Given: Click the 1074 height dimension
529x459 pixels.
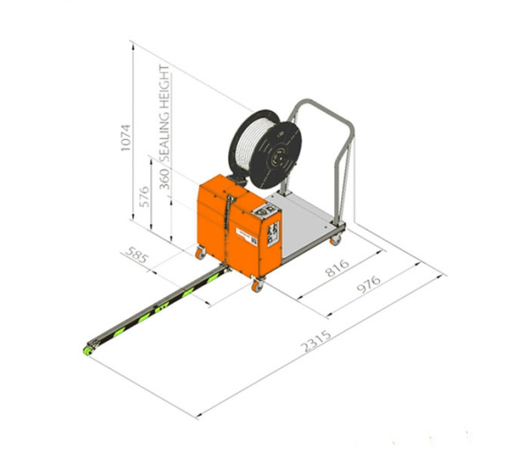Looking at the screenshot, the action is (x=125, y=137).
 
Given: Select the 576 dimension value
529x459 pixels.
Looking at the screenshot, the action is (x=144, y=196).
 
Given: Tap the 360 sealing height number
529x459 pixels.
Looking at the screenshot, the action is (x=164, y=179).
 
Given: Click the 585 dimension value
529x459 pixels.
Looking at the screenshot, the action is (x=137, y=255).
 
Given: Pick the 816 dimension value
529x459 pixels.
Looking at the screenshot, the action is (x=337, y=267).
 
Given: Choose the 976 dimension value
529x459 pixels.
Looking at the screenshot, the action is (x=369, y=284).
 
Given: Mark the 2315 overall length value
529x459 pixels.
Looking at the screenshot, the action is (x=317, y=341).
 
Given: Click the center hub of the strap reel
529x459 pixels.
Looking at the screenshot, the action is (x=279, y=157).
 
